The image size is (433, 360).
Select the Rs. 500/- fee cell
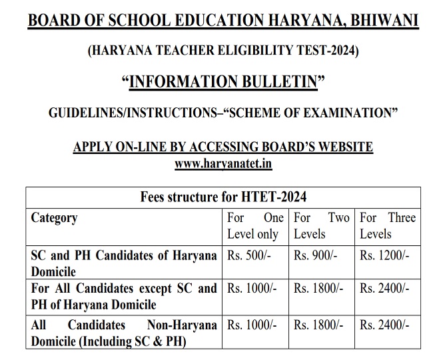pyautogui.click(x=248, y=256)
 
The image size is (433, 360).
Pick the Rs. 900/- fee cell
pyautogui.click(x=314, y=256)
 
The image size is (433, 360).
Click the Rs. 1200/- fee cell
pyautogui.click(x=384, y=256)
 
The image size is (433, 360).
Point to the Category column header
pyautogui.click(x=55, y=218)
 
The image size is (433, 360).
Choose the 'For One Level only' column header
pyautogui.click(x=256, y=226)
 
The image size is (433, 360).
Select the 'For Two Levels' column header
pyautogui.click(x=322, y=226)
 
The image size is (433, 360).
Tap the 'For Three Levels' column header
pyautogui.click(x=388, y=226)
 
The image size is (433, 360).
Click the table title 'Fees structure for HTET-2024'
pyautogui.click(x=223, y=197)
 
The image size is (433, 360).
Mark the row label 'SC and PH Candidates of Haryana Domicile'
pyautogui.click(x=123, y=263)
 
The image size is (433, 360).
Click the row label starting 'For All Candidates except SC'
pyautogui.click(x=123, y=296)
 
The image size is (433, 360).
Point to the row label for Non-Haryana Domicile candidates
pyautogui.click(x=123, y=333)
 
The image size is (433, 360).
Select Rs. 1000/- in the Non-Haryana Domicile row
pyautogui.click(x=251, y=325)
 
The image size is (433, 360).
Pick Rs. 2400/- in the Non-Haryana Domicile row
pyautogui.click(x=384, y=325)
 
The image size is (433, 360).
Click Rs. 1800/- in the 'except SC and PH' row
pyautogui.click(x=318, y=289)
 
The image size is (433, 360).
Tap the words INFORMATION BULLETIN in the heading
pyautogui.click(x=223, y=81)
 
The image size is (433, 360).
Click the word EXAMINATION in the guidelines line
pyautogui.click(x=346, y=113)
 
